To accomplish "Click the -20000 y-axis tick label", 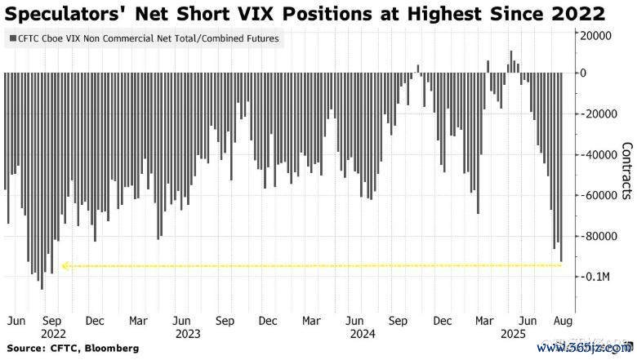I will click(x=599, y=114).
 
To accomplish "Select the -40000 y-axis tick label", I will click(x=599, y=155).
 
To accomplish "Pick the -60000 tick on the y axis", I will click(x=599, y=196).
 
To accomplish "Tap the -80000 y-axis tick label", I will click(x=599, y=237).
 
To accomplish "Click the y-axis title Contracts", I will click(x=626, y=171).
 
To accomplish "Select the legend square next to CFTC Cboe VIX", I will click(x=11, y=38).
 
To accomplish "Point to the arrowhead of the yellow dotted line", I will click(x=65, y=265).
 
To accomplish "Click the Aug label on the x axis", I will click(x=562, y=320).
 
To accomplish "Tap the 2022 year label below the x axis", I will click(x=53, y=333).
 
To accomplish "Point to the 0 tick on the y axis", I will click(x=585, y=73).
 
